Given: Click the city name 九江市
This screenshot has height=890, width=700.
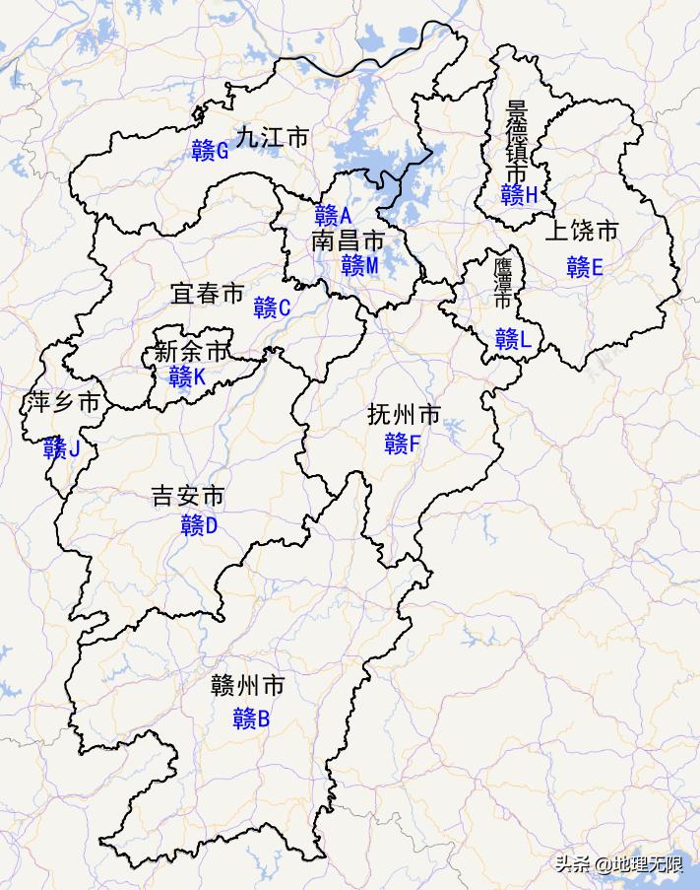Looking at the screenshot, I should [x=272, y=137].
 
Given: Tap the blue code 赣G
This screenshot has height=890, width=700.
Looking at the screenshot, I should [x=211, y=151].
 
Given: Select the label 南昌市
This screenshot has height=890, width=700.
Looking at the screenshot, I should [x=348, y=240].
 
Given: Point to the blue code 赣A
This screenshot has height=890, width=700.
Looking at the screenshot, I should [x=334, y=215].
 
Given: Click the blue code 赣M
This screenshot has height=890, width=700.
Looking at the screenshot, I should [x=360, y=265].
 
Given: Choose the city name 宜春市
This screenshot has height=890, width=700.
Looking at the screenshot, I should [x=207, y=294].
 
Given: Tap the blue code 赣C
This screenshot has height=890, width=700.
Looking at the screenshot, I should [x=272, y=308].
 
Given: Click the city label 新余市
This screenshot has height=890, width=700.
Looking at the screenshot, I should [x=190, y=352].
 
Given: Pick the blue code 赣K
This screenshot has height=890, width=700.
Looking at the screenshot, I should [x=187, y=377].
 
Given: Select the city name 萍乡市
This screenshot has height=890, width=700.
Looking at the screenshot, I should [x=63, y=402].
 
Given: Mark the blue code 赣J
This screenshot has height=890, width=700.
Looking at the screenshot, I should [x=61, y=449].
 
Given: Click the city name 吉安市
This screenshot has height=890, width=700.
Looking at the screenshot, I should [x=188, y=496].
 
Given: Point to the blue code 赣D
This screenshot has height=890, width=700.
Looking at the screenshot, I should [x=199, y=525].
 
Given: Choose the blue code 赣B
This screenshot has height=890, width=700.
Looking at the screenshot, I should [x=251, y=719].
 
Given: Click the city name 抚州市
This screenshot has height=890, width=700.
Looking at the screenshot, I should [x=404, y=414].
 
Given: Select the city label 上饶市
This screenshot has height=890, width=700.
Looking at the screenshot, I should [x=582, y=232].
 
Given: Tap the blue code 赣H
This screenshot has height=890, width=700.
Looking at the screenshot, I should [x=519, y=195].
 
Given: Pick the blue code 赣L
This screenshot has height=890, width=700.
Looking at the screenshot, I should [x=513, y=340].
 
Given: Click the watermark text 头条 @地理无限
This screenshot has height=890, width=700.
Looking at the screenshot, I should [x=618, y=864].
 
